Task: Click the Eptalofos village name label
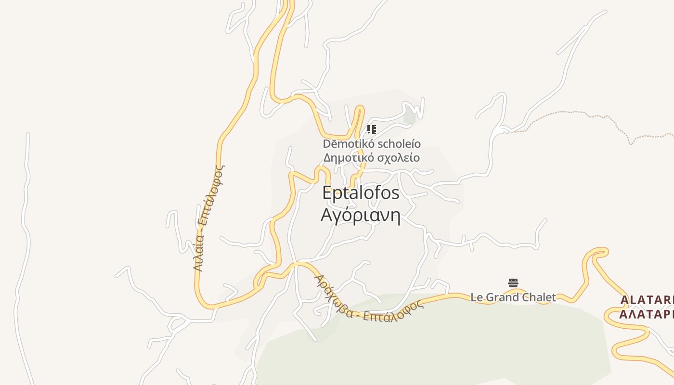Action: click(361, 193)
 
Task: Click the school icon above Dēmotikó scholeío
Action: click(371, 129)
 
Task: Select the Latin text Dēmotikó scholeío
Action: click(372, 144)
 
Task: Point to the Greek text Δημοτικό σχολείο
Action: click(372, 158)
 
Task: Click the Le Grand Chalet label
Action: click(513, 297)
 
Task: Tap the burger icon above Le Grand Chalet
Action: click(513, 282)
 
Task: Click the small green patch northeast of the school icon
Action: click(410, 117)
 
